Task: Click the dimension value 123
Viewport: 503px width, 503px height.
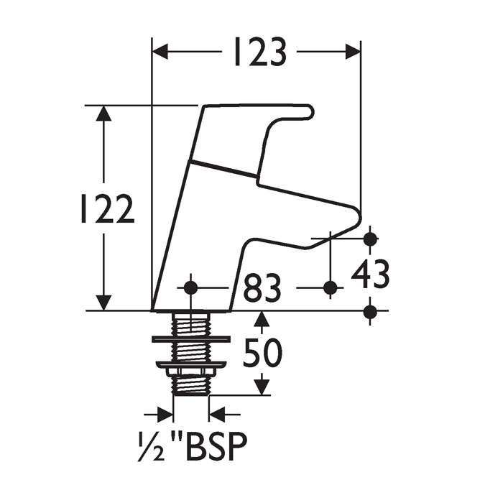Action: click(x=259, y=52)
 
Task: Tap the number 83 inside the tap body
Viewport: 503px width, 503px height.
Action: click(x=262, y=289)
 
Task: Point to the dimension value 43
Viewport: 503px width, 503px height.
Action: click(x=371, y=274)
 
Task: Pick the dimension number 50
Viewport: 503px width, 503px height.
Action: click(x=262, y=353)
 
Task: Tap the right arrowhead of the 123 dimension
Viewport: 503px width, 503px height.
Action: click(x=352, y=52)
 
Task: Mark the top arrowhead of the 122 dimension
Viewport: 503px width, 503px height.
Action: click(x=105, y=114)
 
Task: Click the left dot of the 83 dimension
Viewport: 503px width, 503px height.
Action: click(x=190, y=287)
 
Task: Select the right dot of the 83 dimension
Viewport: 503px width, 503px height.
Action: click(x=330, y=287)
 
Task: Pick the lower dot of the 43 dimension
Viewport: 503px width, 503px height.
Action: click(x=370, y=311)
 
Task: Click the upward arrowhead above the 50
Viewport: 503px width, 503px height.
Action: click(x=262, y=319)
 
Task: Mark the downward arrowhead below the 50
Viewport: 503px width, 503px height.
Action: click(x=262, y=387)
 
